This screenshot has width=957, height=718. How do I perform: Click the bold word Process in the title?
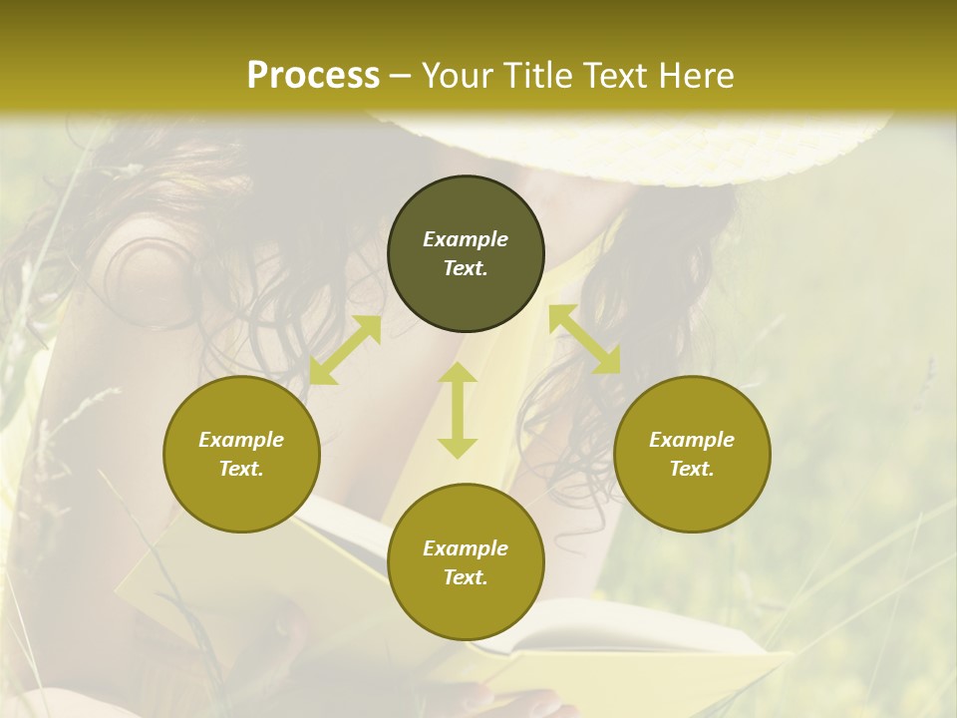[x=313, y=76]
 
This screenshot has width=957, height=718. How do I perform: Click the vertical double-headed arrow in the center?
[x=458, y=410]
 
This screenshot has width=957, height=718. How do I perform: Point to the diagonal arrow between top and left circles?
[x=345, y=350]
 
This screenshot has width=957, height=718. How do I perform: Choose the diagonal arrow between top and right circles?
[x=585, y=339]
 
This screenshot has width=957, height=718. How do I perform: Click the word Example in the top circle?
[x=466, y=239]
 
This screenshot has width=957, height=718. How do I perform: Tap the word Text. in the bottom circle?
[x=466, y=577]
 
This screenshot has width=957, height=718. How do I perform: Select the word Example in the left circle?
[x=241, y=440]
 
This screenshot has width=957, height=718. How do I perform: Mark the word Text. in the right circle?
[x=692, y=469]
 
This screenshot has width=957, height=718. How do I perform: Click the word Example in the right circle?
[x=692, y=440]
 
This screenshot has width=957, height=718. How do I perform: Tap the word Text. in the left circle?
[x=241, y=469]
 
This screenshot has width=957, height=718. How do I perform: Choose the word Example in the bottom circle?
[x=466, y=548]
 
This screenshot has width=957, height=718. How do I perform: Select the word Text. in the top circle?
[x=466, y=268]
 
